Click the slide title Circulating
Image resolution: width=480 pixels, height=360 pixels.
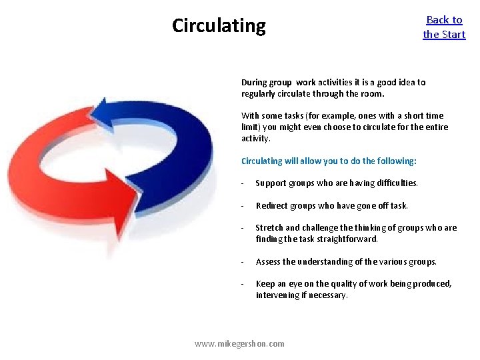(x=219, y=26)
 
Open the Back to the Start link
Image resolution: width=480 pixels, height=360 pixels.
(x=444, y=27)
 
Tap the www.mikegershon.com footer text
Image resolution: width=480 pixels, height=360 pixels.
(x=239, y=344)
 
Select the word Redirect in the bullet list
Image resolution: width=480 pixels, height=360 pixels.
(x=273, y=205)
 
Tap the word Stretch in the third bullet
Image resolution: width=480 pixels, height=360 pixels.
(x=269, y=228)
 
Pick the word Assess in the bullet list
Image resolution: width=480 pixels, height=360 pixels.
(x=269, y=261)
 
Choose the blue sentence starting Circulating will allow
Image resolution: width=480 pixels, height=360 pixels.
(x=329, y=161)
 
